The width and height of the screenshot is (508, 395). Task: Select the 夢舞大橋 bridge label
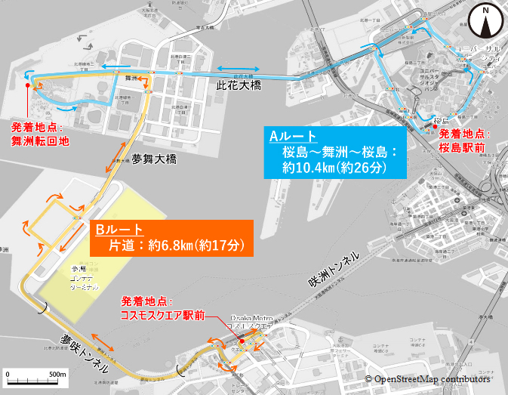click(x=153, y=160)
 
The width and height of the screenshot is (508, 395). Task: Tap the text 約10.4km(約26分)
click(x=334, y=168)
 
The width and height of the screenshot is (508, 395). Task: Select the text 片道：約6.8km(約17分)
click(x=174, y=245)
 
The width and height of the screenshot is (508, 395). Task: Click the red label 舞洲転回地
click(x=40, y=140)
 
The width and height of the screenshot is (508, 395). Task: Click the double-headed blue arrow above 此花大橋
click(x=238, y=68)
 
